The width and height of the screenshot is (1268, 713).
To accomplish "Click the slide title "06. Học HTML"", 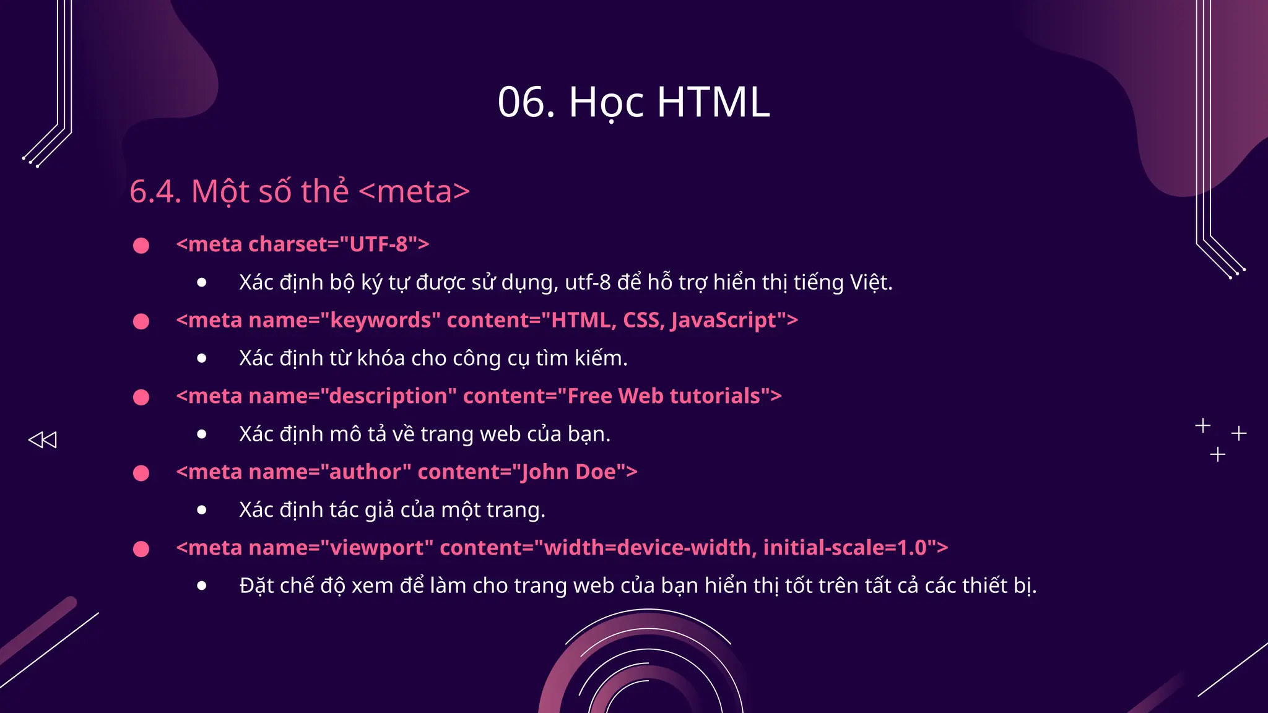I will click(x=633, y=102).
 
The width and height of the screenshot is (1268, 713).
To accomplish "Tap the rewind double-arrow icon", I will click(x=43, y=439).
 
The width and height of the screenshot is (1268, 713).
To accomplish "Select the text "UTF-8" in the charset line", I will click(x=378, y=244).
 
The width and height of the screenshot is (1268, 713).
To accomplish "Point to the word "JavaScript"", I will click(x=723, y=321).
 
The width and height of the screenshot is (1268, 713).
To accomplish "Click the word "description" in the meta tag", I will click(x=388, y=396).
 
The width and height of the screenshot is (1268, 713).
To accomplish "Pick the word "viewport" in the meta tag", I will click(x=377, y=548).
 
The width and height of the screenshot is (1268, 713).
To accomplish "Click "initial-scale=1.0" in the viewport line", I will click(x=845, y=548).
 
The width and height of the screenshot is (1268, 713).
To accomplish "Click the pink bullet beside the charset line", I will click(x=141, y=246).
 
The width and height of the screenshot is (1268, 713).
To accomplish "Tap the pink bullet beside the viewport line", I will click(x=141, y=549).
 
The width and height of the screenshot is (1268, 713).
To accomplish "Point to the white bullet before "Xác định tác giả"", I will click(x=202, y=510).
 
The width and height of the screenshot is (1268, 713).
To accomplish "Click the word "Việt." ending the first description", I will click(x=871, y=283).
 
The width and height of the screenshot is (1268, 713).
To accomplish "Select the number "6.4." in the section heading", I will click(x=155, y=191).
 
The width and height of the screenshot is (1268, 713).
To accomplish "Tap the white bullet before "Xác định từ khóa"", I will click(x=202, y=358).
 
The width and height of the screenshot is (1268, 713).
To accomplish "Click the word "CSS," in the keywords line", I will click(x=643, y=321).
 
